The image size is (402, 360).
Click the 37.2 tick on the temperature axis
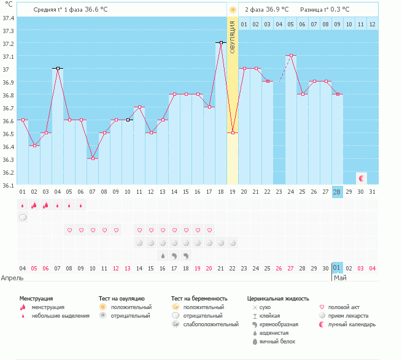click(8, 44)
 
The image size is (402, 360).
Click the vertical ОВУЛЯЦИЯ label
click(232, 37)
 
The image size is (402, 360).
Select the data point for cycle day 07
click(92, 159)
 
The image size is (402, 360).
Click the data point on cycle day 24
click(290, 56)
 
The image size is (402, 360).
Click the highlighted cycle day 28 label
click(336, 192)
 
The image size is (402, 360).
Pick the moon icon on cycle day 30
click(361, 178)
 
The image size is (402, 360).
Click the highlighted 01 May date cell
click(336, 268)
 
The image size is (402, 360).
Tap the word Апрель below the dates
click(12, 278)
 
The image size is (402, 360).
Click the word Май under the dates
click(339, 278)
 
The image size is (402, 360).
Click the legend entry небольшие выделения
click(60, 316)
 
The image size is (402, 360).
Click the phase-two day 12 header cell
click(372, 24)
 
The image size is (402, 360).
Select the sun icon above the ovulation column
click(232, 10)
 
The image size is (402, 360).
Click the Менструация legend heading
click(36, 298)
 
